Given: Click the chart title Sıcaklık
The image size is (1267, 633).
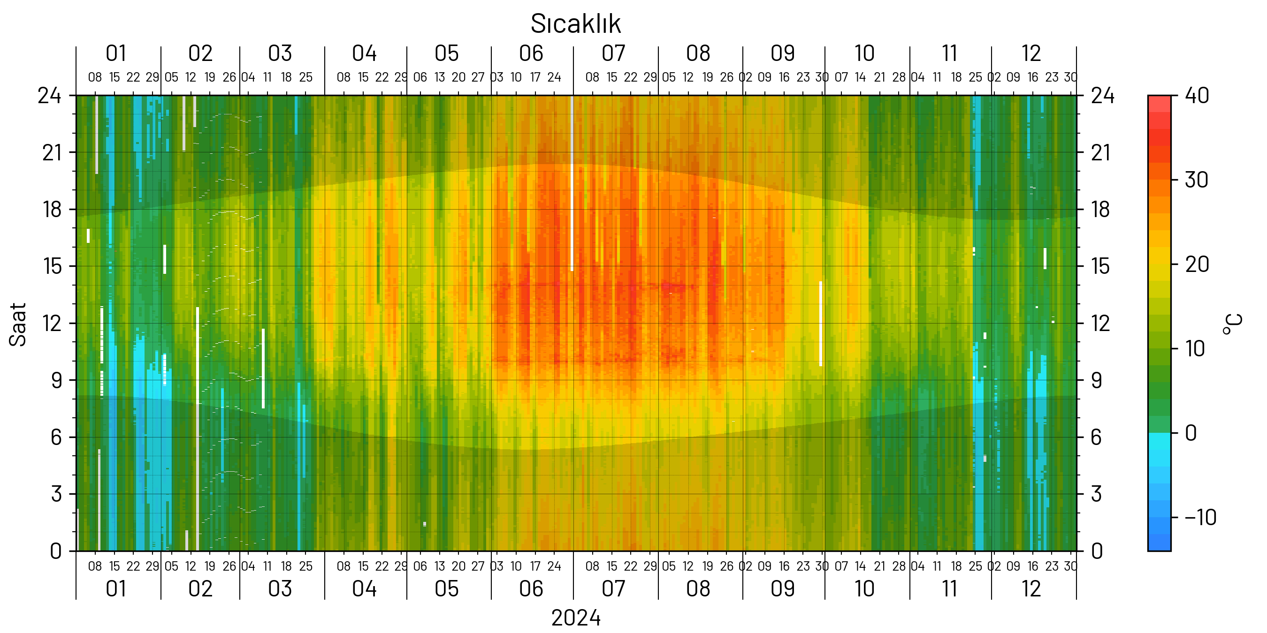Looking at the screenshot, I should coord(575,23).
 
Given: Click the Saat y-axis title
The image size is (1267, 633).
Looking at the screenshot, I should coord(18,324).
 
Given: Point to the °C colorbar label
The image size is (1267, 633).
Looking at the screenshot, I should coord(1233,324).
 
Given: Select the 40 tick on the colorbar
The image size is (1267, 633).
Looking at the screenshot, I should coord(1197,95).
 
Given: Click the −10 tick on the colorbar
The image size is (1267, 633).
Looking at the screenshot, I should coord(1200,518).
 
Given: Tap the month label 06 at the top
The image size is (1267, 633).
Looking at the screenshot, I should coord(531,53).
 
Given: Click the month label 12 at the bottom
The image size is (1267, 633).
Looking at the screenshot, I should coord(1031,589).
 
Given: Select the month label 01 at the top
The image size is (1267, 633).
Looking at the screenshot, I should coord(116,53).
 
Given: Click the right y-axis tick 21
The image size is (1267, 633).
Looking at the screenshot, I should coord(1101,153).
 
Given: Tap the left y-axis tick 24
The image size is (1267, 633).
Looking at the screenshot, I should coord(50,95).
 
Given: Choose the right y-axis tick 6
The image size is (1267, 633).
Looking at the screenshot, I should coord(1096,437).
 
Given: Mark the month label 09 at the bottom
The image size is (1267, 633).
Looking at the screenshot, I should coord(783,589).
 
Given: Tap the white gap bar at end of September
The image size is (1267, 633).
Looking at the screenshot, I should coord(820,324).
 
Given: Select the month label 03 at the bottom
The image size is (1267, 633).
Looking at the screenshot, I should coord(280,589).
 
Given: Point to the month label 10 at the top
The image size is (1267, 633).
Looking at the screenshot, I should coord(864,53).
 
